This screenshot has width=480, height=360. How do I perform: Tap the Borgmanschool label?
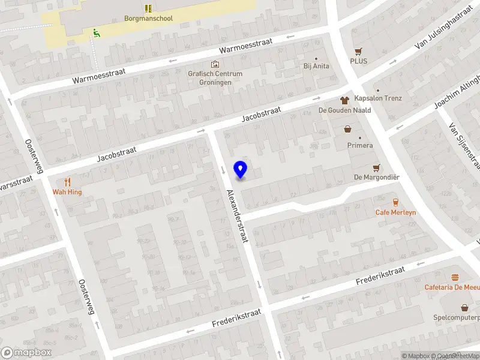(148, 19)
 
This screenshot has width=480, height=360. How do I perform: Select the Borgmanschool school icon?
(148, 8)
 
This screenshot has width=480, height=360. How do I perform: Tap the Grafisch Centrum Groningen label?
(215, 78)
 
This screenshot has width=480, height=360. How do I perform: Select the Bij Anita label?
(316, 66)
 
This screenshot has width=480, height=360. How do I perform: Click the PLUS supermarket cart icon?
(359, 52)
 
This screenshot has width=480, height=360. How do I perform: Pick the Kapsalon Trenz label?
(378, 98)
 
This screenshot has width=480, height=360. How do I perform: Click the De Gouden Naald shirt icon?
(344, 100)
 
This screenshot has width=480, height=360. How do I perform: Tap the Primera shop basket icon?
(348, 129)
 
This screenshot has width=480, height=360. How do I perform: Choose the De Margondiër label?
(376, 177)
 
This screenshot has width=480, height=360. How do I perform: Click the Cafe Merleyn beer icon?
(395, 202)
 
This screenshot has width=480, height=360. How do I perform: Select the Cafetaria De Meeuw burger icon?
(455, 277)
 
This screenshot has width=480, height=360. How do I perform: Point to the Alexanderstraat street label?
(237, 217)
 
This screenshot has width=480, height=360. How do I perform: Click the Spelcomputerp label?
(457, 317)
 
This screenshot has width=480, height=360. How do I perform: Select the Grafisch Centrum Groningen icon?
(215, 64)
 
